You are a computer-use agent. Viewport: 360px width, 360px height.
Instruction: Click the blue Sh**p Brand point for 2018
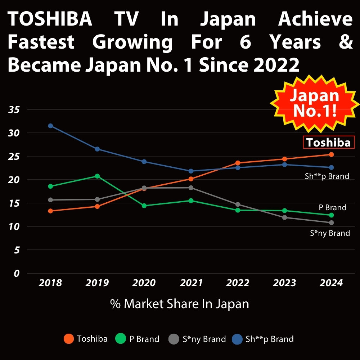[x=50, y=126]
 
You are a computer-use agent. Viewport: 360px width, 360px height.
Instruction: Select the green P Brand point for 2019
[x=97, y=176]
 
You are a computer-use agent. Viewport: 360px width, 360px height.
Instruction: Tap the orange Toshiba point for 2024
[x=331, y=154]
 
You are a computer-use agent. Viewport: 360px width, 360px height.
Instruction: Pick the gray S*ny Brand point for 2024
[x=331, y=222]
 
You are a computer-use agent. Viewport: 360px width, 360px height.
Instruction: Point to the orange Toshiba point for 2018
[x=50, y=211]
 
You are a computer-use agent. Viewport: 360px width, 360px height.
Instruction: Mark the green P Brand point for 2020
[x=144, y=206]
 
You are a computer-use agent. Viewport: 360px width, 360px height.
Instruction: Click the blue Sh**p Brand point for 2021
[x=191, y=171]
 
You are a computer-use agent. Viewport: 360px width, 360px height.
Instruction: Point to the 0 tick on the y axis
[x=17, y=273]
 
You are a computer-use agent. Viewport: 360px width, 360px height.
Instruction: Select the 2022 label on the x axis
[x=238, y=283]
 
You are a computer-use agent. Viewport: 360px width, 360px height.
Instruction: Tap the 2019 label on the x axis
[x=97, y=283]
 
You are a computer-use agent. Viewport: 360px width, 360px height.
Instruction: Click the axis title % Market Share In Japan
[x=179, y=304]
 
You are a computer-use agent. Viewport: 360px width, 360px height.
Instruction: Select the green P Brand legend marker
[x=120, y=339]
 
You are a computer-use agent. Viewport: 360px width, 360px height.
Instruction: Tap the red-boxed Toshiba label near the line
[x=328, y=143]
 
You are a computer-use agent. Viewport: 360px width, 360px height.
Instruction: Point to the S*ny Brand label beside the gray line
[x=330, y=233]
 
